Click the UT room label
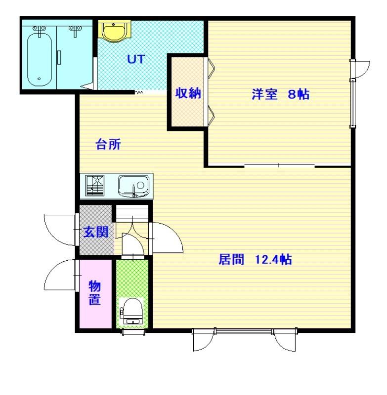(136, 59)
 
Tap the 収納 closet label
(188, 93)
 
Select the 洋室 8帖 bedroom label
(281, 94)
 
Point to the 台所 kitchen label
(108, 145)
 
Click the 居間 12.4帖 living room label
(255, 260)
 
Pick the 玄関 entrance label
(96, 232)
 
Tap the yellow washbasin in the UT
(115, 30)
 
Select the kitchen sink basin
(133, 186)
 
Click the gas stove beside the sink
(94, 186)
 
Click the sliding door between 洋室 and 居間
(279, 165)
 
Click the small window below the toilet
(133, 332)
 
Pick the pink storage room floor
(95, 294)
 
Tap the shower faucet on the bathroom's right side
(75, 31)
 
